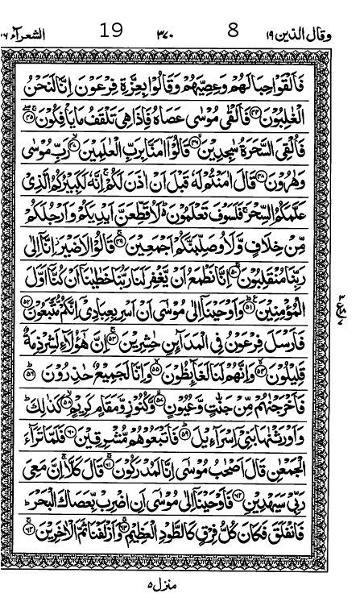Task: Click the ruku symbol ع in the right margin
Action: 352,300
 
